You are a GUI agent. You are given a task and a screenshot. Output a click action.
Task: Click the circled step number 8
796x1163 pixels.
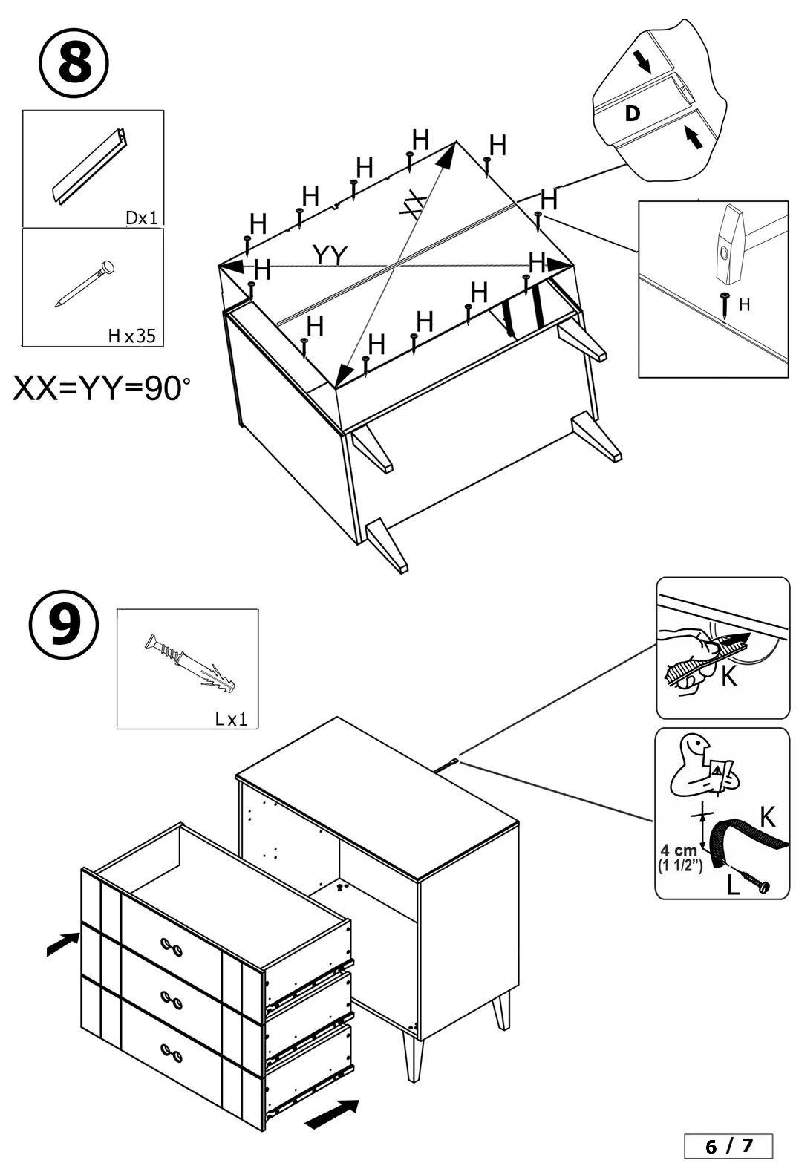point(74,66)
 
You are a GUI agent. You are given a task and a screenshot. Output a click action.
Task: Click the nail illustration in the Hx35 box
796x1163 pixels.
point(85,284)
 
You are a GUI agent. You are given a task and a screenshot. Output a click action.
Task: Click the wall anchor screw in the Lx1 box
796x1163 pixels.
point(190,663)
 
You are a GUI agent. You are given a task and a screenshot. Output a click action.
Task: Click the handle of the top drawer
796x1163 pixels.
point(172,944)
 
